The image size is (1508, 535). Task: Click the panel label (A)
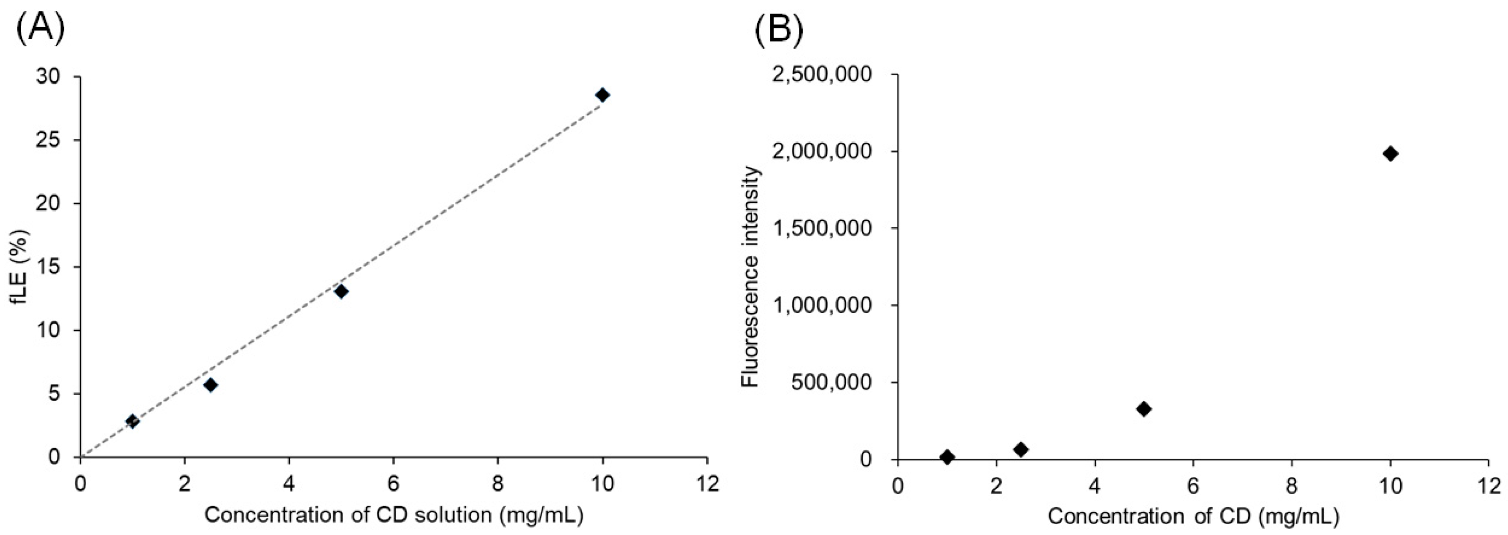pyautogui.click(x=40, y=29)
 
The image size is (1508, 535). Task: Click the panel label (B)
pyautogui.click(x=779, y=29)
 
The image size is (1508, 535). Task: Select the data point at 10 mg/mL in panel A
pyautogui.click(x=602, y=95)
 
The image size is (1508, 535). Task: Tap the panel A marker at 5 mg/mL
pyautogui.click(x=341, y=291)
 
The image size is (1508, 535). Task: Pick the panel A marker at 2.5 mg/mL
pyautogui.click(x=211, y=385)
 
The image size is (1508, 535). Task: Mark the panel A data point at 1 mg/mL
pyautogui.click(x=132, y=421)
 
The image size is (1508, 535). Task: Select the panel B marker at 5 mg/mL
pyautogui.click(x=1144, y=408)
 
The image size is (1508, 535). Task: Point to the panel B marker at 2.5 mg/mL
pyautogui.click(x=1021, y=449)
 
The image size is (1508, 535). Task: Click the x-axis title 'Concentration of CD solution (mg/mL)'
pyautogui.click(x=394, y=515)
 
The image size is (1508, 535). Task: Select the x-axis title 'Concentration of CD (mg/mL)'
pyautogui.click(x=1193, y=516)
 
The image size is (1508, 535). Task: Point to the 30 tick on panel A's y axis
pyautogui.click(x=50, y=77)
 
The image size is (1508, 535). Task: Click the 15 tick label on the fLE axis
pyautogui.click(x=50, y=267)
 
